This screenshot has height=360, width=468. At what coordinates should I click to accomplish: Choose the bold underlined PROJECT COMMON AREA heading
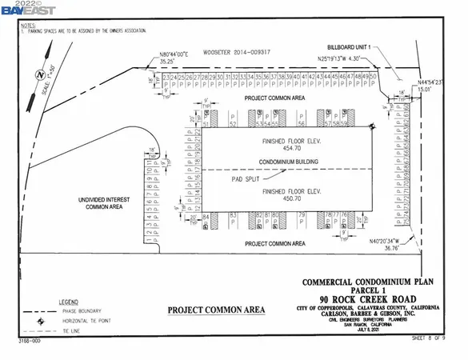(x=211, y=310)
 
